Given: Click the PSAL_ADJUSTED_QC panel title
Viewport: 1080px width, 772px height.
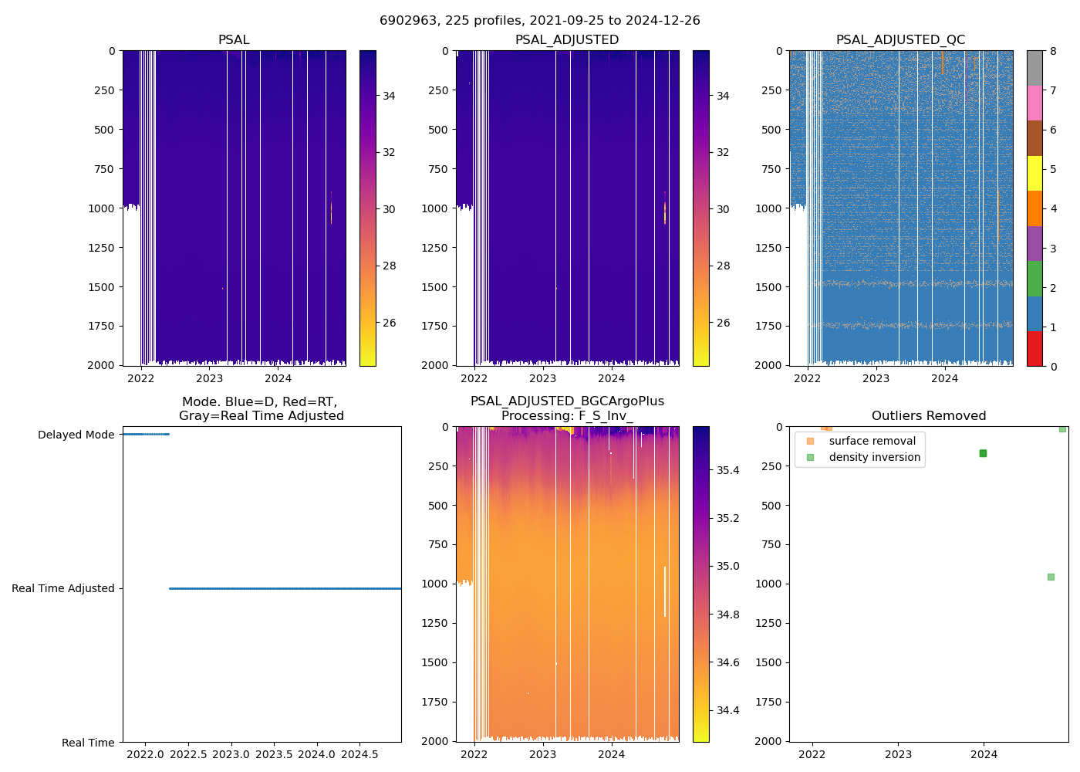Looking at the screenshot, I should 900,40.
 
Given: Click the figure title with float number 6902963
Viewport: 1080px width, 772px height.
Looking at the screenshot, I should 540,21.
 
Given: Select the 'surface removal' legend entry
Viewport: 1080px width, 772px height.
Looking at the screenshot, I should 872,441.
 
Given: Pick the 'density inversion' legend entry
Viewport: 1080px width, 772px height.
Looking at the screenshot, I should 874,457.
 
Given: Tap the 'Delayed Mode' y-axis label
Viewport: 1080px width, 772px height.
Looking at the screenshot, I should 76,435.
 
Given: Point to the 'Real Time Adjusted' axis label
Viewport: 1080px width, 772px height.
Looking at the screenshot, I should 63,588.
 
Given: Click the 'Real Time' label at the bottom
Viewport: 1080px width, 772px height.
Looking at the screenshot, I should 88,743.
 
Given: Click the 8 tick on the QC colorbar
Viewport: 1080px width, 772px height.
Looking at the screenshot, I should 1053,51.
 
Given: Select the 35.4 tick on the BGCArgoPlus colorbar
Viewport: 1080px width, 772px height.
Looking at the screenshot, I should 727,470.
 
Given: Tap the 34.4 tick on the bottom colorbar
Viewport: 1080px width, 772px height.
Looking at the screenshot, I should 727,710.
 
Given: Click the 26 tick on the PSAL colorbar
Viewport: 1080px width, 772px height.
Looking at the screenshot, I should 389,323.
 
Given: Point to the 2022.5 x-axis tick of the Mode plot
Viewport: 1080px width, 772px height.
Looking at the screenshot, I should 187,754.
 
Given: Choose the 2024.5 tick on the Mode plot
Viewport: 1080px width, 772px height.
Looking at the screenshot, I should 359,754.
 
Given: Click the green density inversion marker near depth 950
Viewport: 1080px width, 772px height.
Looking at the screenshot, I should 1051,577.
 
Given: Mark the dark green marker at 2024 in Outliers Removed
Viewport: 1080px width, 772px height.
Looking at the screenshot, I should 983,453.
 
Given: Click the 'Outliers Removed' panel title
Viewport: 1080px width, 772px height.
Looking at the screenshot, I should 929,416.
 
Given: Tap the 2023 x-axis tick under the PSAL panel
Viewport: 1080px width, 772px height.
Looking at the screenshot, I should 209,378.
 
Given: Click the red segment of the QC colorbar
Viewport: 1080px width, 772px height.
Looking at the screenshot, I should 1034,348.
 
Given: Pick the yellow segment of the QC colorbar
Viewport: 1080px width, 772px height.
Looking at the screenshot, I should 1034,173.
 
